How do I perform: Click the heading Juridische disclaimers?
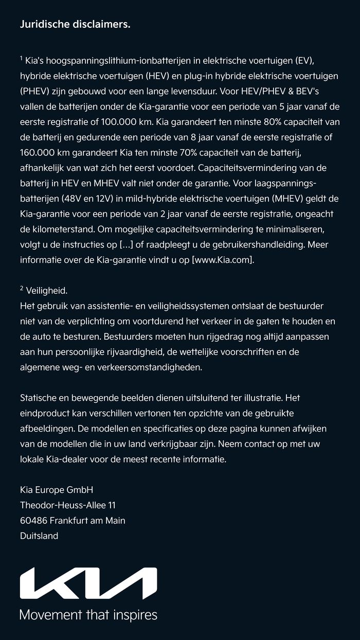[75, 24]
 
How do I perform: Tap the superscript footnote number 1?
[22, 59]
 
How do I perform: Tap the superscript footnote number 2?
[22, 289]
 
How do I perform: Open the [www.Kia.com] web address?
[223, 260]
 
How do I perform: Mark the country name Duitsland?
[39, 536]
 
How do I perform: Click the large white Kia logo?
[88, 583]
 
